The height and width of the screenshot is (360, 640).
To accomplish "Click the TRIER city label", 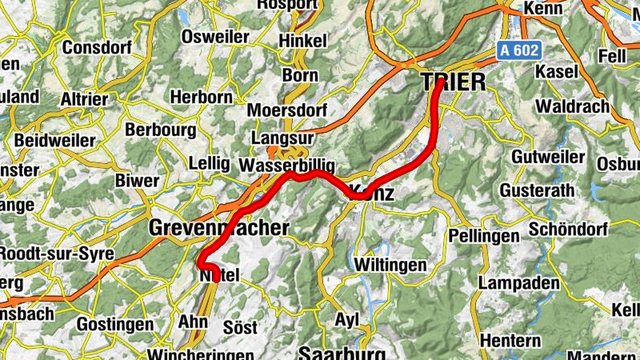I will (453, 82).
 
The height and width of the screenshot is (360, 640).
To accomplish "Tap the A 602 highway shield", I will (520, 50).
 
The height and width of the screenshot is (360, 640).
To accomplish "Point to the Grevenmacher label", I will (218, 229).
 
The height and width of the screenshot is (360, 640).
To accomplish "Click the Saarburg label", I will (342, 353).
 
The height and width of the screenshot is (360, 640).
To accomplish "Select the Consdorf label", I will (96, 46).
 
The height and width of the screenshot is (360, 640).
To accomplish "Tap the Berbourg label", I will (161, 130).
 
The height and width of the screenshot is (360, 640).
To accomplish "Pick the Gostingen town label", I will (115, 325).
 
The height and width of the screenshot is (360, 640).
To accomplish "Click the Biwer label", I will (137, 181).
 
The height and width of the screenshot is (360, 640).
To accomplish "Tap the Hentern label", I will (510, 341).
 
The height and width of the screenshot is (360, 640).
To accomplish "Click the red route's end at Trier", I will (440, 82).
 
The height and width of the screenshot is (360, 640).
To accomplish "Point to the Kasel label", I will (557, 72).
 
